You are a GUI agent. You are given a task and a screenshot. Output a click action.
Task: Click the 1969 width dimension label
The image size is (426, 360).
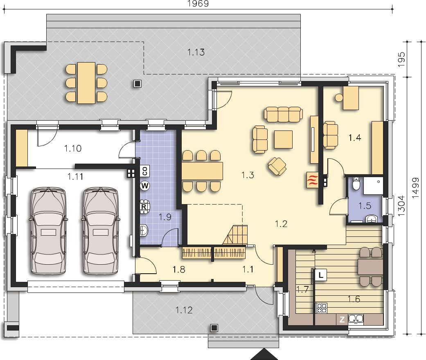(198, 4)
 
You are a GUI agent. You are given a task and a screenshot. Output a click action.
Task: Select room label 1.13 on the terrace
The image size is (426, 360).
(196, 52)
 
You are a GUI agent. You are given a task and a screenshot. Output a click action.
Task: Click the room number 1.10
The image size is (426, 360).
(73, 148)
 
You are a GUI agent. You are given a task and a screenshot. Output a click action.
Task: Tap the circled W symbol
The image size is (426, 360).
(145, 186)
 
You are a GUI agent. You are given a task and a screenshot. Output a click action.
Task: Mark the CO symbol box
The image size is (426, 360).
(145, 171)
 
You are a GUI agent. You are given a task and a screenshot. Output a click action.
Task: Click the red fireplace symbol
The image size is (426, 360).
(312, 180)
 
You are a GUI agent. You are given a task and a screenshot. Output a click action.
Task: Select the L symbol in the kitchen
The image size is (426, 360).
(321, 275)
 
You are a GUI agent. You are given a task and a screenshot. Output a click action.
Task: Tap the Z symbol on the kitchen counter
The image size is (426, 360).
(342, 319)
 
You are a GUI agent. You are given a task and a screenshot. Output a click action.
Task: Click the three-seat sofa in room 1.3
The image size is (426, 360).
(283, 114)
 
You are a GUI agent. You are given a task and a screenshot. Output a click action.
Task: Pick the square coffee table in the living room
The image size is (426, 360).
(283, 139)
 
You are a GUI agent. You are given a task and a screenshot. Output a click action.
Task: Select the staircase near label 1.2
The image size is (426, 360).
(235, 234)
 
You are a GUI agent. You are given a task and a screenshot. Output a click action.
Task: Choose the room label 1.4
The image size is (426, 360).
(355, 138)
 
